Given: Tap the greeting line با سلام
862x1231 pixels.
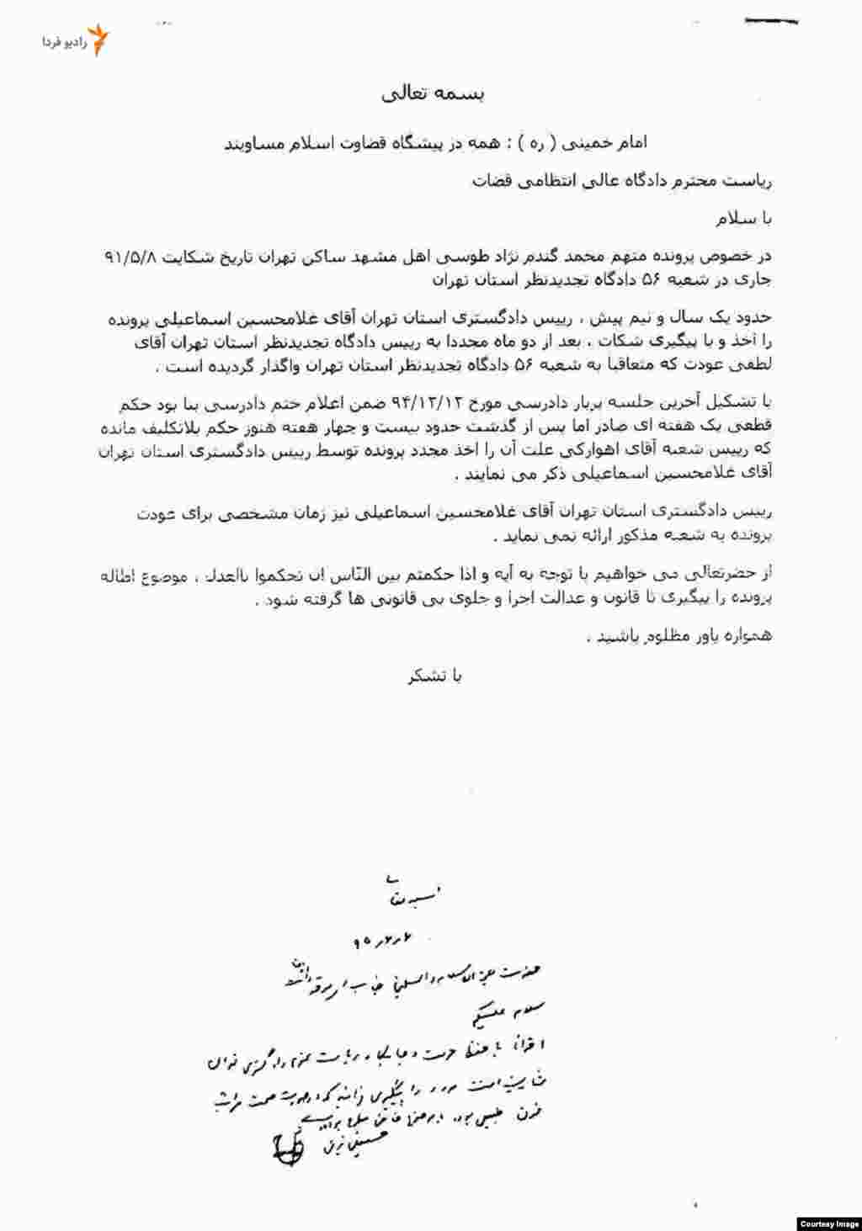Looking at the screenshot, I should coord(743,219).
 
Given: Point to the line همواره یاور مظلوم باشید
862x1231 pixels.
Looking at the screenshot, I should coord(678,636).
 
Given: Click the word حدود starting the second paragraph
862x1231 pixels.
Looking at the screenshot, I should coord(754,321).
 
